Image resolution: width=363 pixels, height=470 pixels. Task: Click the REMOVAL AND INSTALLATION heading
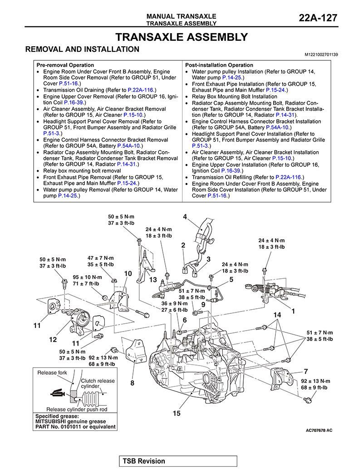click(82, 49)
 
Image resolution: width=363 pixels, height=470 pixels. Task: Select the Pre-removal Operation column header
click(65, 65)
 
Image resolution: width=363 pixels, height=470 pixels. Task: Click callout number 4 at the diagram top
click(185, 217)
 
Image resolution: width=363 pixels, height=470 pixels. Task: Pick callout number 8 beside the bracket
click(132, 383)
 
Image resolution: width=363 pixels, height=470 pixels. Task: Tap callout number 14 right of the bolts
click(277, 315)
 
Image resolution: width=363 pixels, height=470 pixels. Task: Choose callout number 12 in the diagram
click(53, 339)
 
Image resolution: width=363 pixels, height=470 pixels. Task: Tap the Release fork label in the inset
click(52, 373)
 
